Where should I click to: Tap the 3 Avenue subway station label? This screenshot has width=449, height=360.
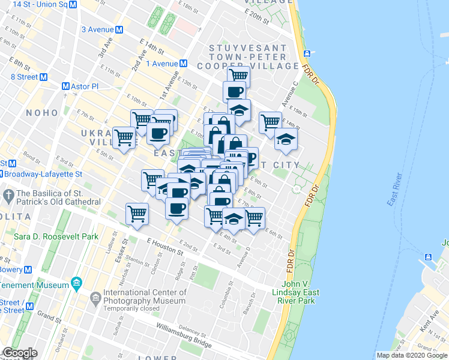pyautogui.click(x=102, y=29)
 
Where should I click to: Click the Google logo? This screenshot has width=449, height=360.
pyautogui.click(x=20, y=353)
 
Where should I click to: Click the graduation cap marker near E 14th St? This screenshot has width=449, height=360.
pyautogui.click(x=286, y=140)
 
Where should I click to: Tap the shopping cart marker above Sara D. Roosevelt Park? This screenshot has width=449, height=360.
pyautogui.click(x=137, y=214)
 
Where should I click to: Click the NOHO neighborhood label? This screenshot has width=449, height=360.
pyautogui.click(x=43, y=113)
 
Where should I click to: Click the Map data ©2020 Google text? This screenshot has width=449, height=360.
pyautogui.click(x=412, y=355)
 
